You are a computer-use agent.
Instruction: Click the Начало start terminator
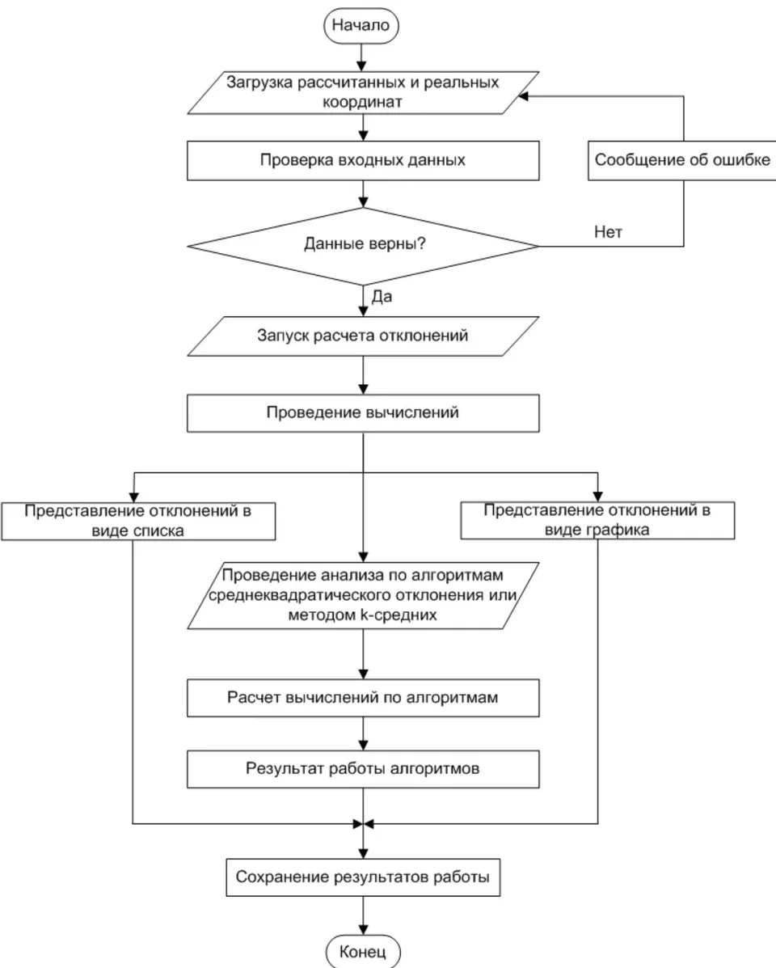[361, 25]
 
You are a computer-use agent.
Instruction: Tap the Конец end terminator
[363, 951]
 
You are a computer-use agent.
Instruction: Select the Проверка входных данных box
[363, 160]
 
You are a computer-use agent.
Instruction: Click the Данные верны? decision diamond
[363, 246]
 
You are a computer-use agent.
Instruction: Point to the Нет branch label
[608, 232]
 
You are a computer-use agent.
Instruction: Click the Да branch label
[382, 297]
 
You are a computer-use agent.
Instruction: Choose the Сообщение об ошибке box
[681, 160]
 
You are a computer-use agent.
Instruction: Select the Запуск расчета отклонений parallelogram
[363, 336]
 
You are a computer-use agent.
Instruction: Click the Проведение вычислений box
[363, 413]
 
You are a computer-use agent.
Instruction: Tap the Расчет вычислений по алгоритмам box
[363, 698]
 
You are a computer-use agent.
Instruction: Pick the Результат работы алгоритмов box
[363, 769]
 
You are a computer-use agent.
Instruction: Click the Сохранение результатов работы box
[363, 877]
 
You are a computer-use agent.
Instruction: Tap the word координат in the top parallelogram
[362, 103]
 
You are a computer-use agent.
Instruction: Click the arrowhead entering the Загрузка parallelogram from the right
[522, 96]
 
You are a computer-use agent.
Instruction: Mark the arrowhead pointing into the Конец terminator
[363, 929]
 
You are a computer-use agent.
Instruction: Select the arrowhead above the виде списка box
[134, 497]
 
